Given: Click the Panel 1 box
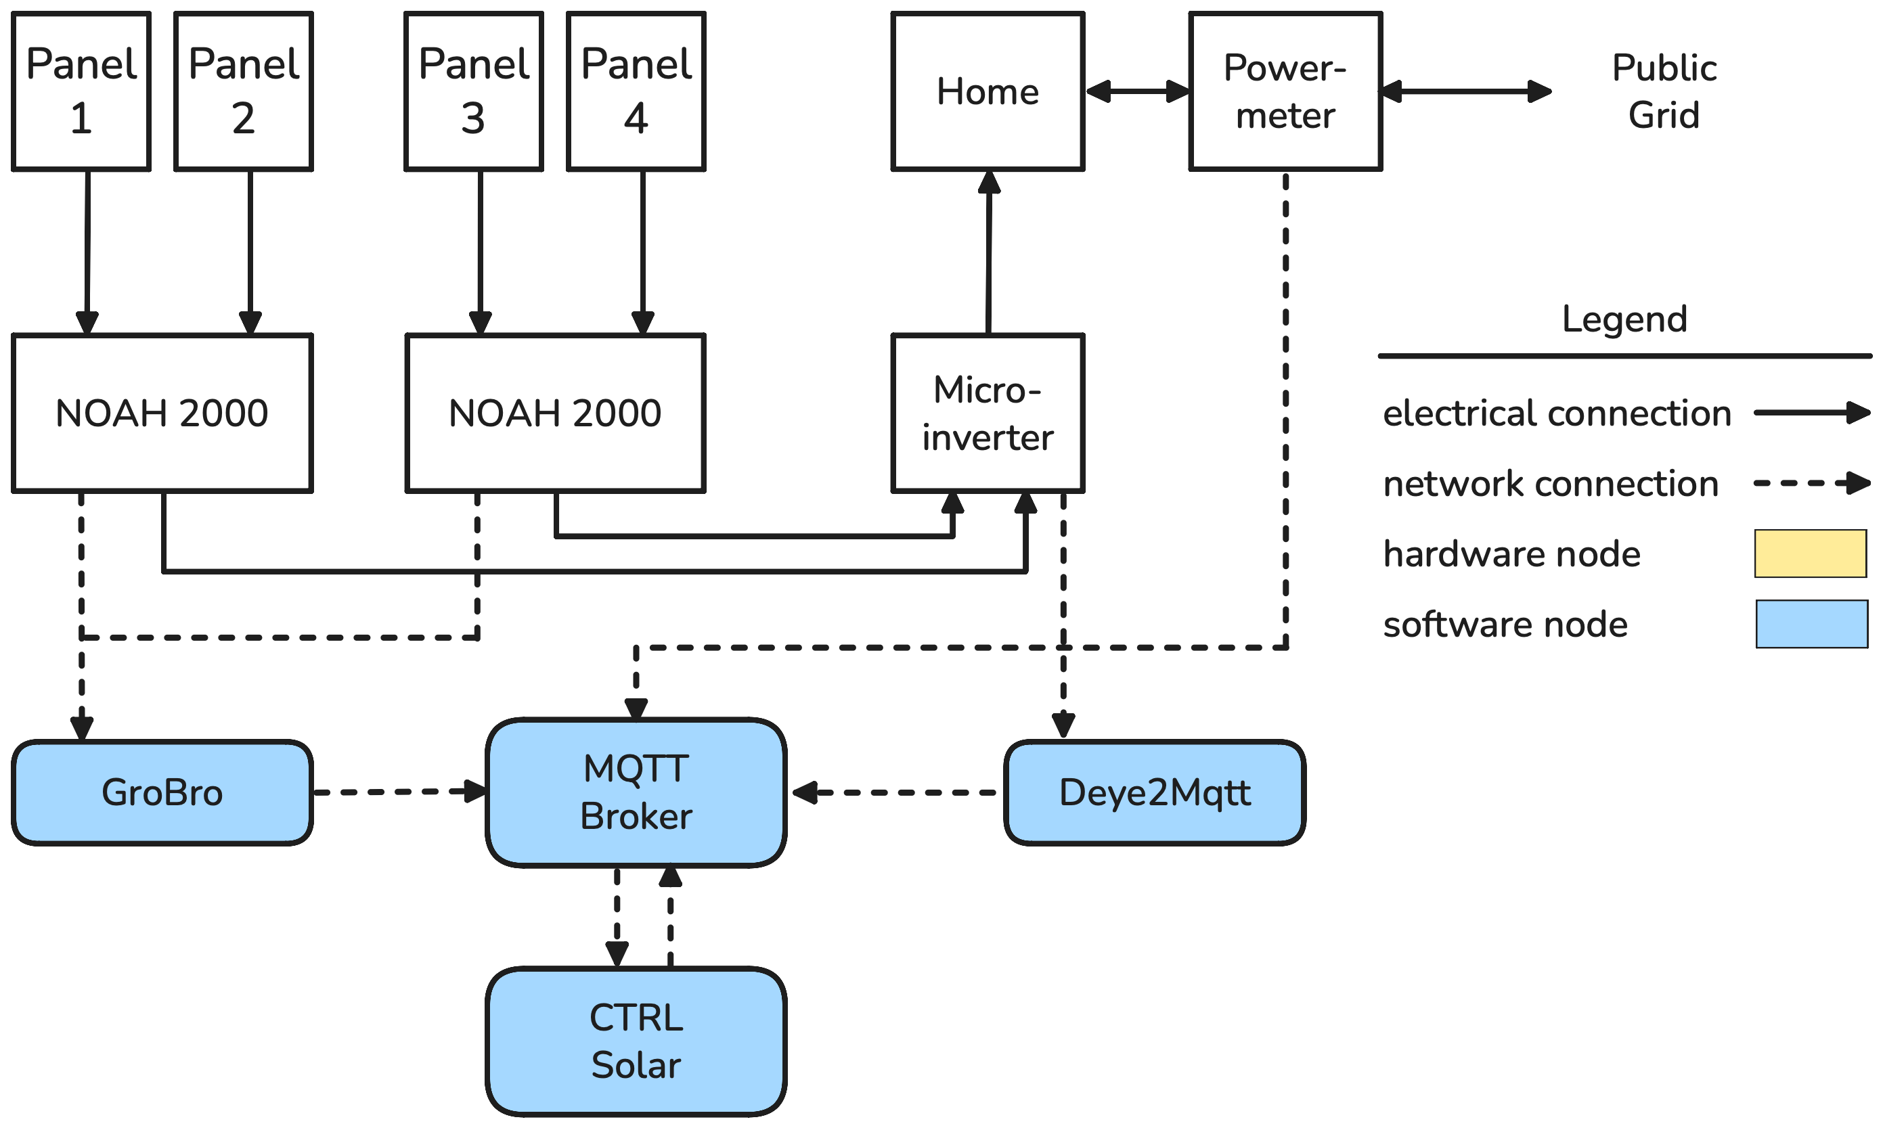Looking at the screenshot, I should (x=81, y=91).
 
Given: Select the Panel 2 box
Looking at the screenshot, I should (x=243, y=91).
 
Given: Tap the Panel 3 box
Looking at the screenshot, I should (x=474, y=91).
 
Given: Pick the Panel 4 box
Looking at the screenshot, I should (x=636, y=91).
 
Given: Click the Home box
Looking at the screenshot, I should (x=988, y=91).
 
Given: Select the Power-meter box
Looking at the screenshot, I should (x=1285, y=91).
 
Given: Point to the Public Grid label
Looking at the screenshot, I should (x=1664, y=91).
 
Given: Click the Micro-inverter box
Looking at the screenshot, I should (x=988, y=413).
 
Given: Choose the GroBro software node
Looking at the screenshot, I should (x=162, y=792).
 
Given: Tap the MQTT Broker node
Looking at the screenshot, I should (x=636, y=792).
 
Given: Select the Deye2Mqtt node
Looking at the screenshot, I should (x=1154, y=792).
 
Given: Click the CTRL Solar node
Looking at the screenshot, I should (x=636, y=1041).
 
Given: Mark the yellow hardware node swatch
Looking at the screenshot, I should (x=1810, y=554).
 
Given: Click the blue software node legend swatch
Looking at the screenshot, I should (x=1811, y=624).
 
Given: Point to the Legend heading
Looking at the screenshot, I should (x=1624, y=319).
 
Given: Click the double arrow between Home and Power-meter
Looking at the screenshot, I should (x=1137, y=91).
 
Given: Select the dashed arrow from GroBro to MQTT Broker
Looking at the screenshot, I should (x=399, y=792).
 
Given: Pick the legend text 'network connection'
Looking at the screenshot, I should (x=1551, y=483).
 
